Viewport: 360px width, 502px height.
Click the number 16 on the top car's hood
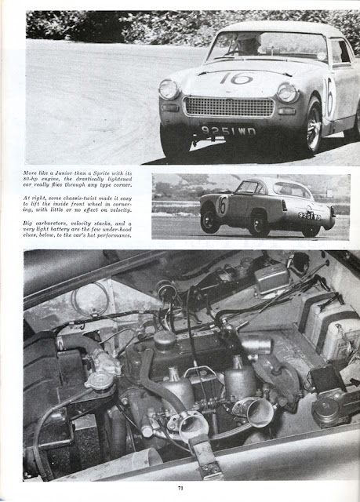235,78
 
